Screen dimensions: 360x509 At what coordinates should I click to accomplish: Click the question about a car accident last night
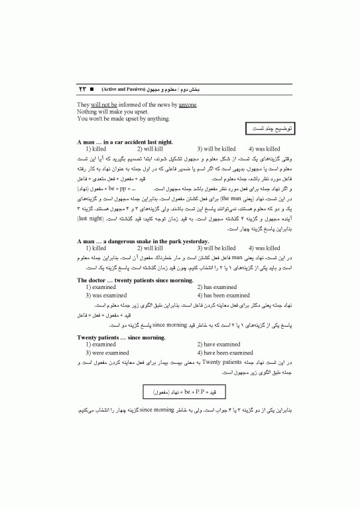click(x=125, y=142)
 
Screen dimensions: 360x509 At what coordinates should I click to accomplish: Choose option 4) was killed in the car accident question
click(x=264, y=149)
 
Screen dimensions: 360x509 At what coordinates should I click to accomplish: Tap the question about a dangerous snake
click(x=134, y=241)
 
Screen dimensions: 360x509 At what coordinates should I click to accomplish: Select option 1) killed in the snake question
click(x=96, y=248)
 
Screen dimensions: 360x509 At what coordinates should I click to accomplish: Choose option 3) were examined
click(x=107, y=353)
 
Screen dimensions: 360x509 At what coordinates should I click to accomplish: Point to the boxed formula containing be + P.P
click(x=180, y=393)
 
